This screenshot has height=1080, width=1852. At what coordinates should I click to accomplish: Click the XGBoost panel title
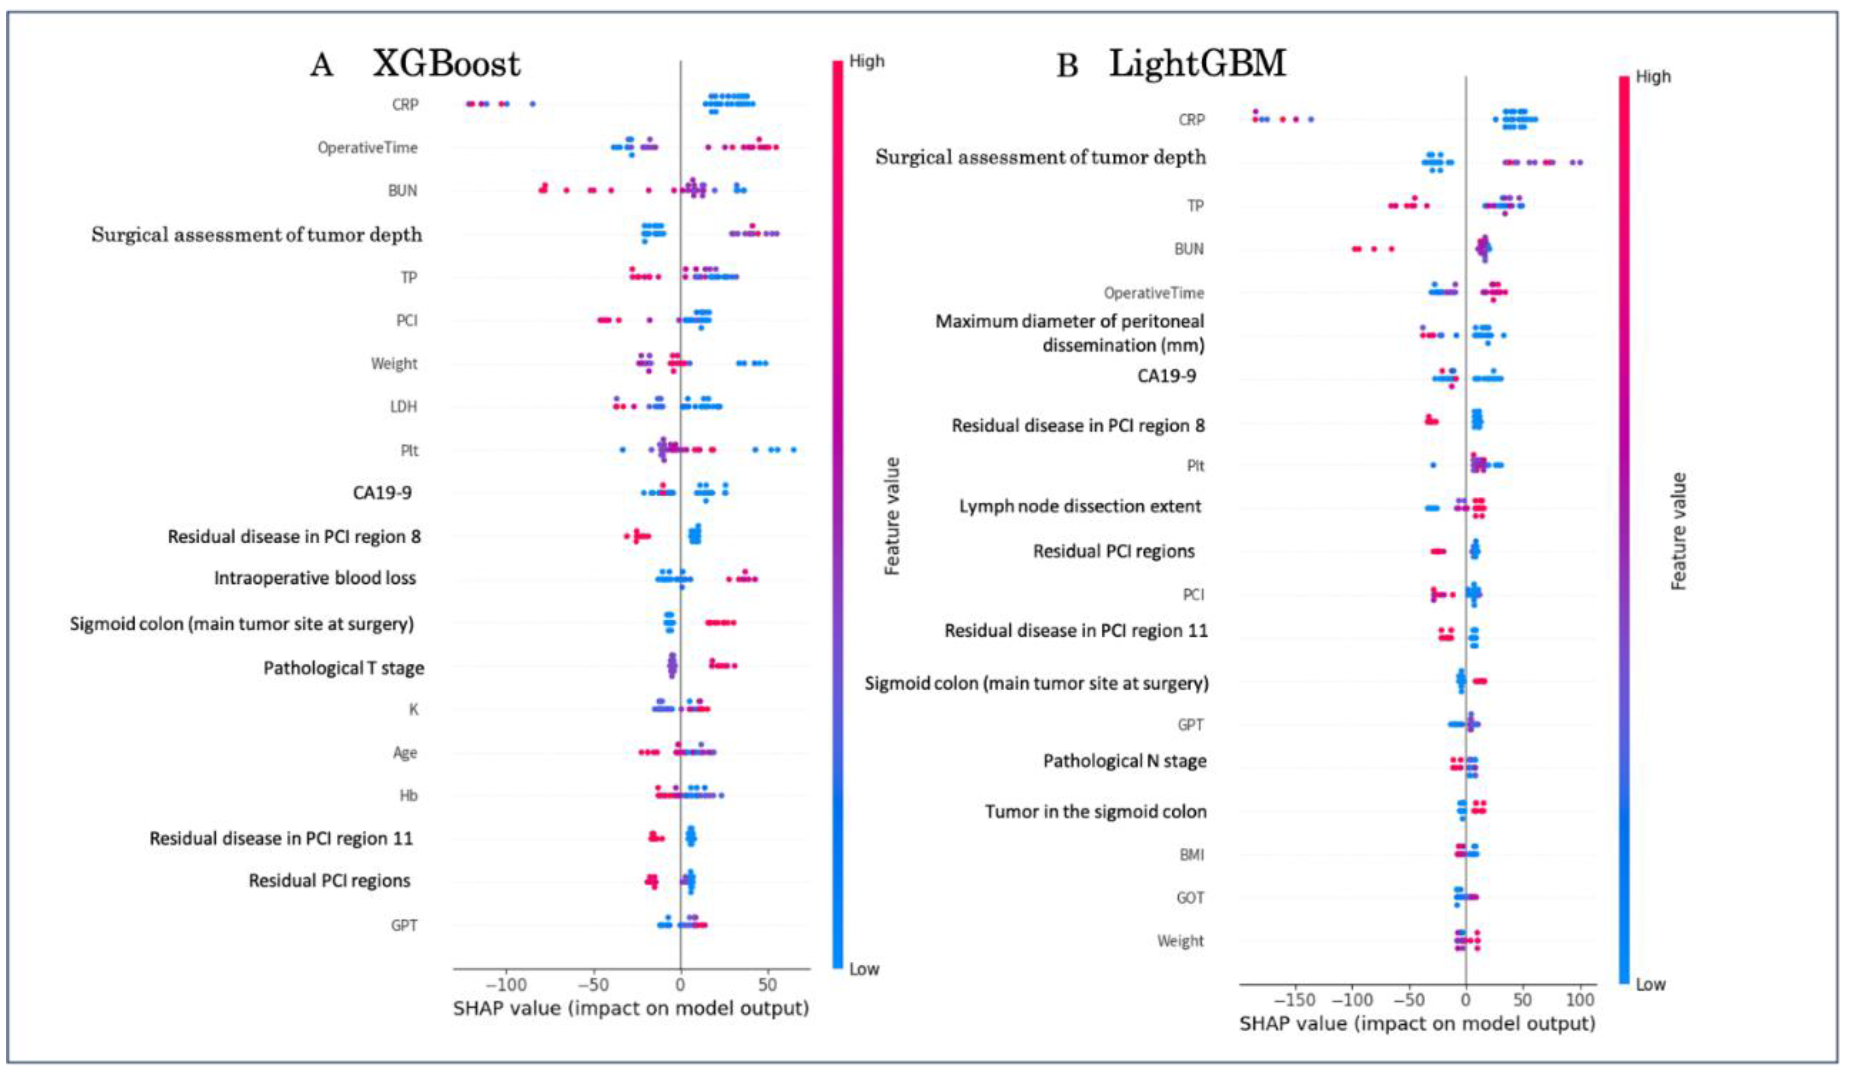pos(446,64)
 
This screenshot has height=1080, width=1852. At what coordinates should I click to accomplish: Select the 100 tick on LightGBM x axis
pos(1580,1000)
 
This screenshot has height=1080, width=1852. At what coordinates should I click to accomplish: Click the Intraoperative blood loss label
pos(315,578)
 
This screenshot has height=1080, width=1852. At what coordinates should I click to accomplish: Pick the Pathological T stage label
pos(343,668)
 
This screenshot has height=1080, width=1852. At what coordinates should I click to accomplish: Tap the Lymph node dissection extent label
pos(1080,506)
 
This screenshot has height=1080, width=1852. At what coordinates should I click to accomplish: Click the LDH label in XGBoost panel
pos(403,406)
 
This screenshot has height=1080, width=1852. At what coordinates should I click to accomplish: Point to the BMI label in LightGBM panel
pos(1191,855)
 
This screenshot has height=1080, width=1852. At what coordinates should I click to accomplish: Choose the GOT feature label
pos(1190,898)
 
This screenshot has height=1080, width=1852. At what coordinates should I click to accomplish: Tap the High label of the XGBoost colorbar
pos(867,61)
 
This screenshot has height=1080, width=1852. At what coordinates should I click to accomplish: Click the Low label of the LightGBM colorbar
pos(1651,984)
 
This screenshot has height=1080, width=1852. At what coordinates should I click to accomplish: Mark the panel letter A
pos(321,65)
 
